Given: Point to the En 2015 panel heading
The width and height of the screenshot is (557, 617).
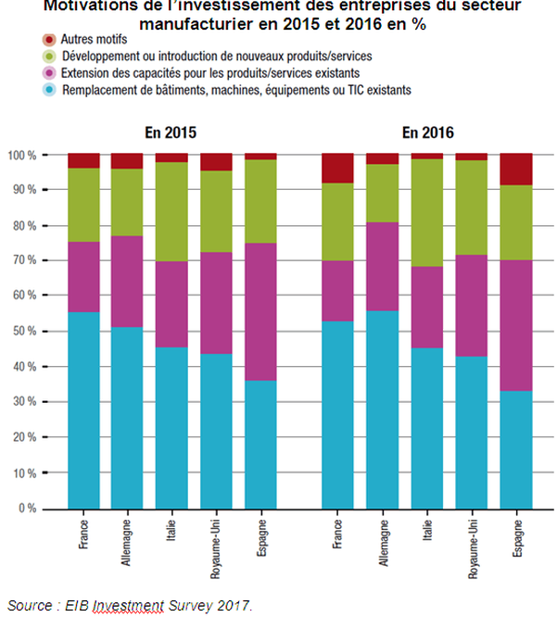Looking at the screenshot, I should coord(171,133).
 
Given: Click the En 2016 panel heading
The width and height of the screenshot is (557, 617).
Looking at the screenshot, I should coord(428,133).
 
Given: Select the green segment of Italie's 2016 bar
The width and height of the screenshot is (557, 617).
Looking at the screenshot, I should coord(427,212).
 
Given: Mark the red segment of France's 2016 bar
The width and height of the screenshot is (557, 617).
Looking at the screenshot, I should coord(338,168).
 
